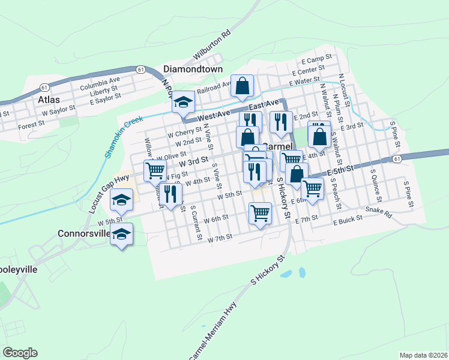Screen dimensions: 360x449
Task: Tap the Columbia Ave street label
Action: pos(100,79)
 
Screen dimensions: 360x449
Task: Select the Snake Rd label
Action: pos(378,211)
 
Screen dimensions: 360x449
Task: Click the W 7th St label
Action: pos(220,239)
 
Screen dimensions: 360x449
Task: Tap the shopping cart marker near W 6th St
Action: pos(260,212)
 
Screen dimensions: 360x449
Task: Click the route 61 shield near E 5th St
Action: pos(397,159)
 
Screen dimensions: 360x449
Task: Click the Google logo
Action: pos(20,353)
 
